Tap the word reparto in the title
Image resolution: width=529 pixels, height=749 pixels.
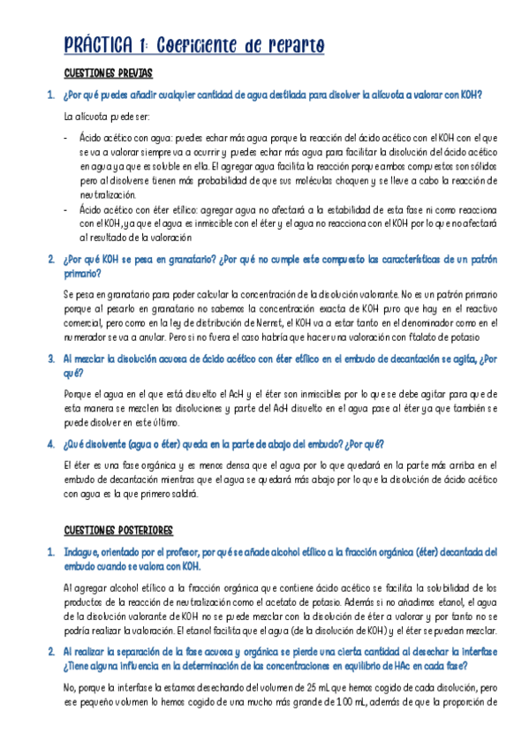pos(292,45)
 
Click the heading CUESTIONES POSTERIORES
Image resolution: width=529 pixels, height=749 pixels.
pos(118,530)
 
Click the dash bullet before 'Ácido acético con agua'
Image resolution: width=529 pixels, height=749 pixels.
pos(66,138)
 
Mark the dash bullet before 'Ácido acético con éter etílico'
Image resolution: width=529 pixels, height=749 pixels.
pos(66,209)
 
